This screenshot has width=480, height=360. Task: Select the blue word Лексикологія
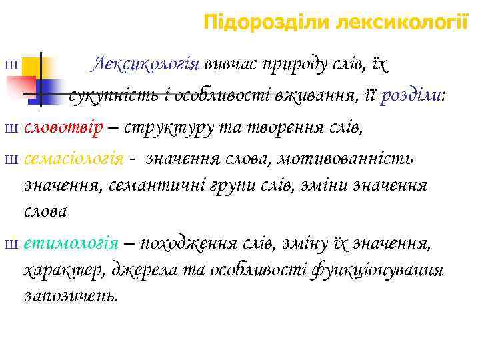[x=147, y=65]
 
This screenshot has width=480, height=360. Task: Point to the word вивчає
[x=232, y=65]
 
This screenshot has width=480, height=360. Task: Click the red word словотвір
[x=64, y=128]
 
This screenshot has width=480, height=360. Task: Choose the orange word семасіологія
[x=74, y=160]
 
